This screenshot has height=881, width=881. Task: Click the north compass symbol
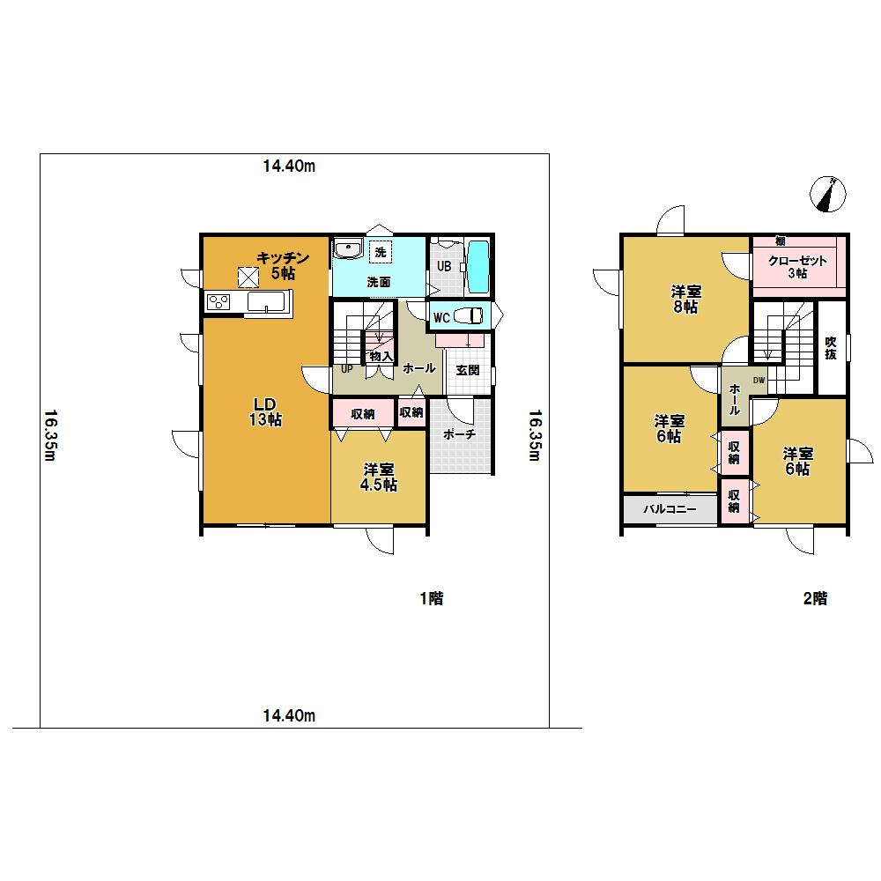(830, 194)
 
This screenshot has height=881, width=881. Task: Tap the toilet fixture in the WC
(471, 316)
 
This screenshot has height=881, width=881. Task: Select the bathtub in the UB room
(478, 267)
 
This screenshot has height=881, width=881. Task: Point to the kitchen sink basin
(266, 303)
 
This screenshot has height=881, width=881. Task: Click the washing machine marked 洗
(381, 252)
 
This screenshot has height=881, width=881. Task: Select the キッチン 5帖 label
(282, 265)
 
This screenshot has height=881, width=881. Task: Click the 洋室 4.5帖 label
(380, 478)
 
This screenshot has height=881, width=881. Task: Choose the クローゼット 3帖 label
(796, 267)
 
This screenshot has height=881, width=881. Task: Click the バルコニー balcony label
(670, 509)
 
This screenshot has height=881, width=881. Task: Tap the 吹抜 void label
(830, 349)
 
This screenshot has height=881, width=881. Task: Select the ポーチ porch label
(460, 434)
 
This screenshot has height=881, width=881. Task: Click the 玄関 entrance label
(467, 370)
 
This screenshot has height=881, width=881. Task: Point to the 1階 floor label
(431, 599)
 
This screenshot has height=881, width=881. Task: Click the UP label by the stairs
(347, 369)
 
